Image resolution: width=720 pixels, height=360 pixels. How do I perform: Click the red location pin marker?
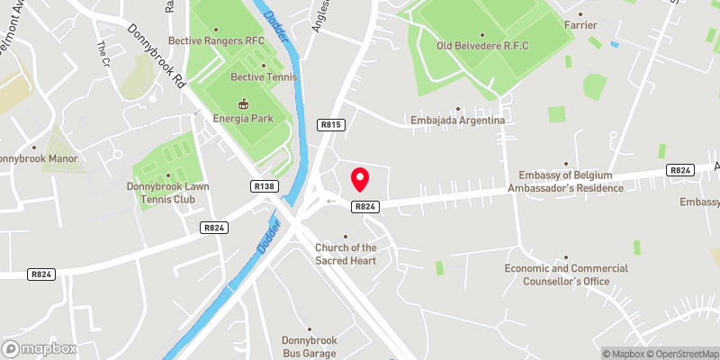click(360, 178)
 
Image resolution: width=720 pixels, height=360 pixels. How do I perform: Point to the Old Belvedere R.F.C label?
click(482, 46)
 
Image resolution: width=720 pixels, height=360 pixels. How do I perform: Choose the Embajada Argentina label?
click(456, 120)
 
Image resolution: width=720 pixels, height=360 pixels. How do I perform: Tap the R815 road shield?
click(330, 124)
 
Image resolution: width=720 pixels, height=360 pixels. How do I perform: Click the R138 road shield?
click(265, 186)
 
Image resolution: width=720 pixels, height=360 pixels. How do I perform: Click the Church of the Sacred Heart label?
click(346, 254)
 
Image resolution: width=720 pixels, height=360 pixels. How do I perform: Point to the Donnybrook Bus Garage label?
click(308, 346)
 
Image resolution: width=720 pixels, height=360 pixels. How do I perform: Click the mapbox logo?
click(40, 348)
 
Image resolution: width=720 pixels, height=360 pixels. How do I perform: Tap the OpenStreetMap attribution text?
click(682, 354)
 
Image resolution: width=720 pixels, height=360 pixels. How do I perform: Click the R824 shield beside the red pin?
click(364, 207)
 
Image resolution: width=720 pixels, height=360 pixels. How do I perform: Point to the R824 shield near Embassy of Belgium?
click(680, 170)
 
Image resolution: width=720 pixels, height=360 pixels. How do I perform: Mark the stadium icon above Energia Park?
click(241, 101)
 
